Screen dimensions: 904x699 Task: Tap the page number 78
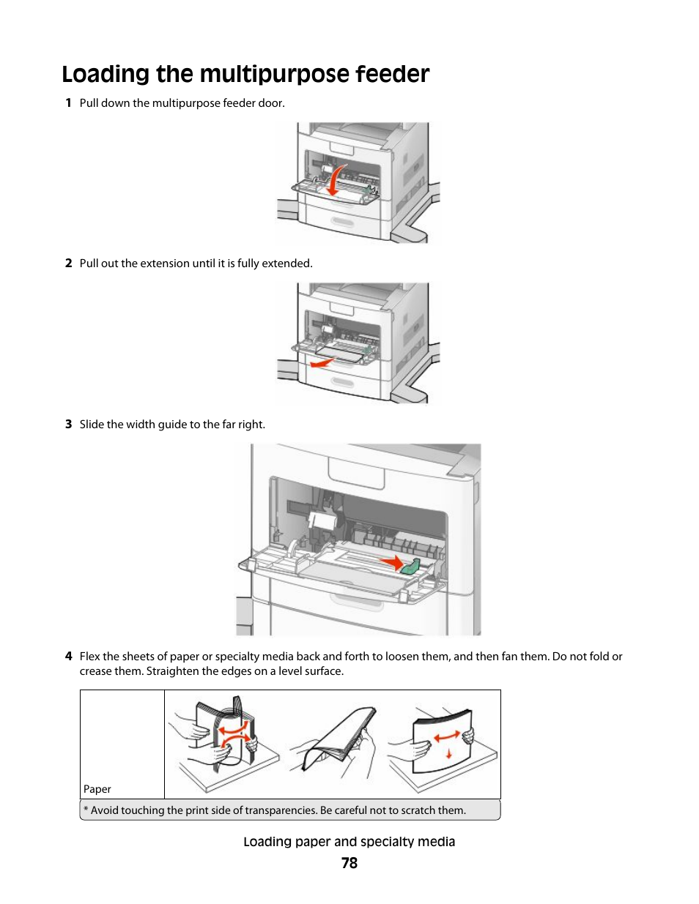[349, 863]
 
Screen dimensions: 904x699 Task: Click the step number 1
[68, 103]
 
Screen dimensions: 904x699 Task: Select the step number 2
[68, 264]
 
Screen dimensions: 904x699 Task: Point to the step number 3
[68, 425]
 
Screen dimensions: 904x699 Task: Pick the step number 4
[68, 657]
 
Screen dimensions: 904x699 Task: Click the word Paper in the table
[97, 789]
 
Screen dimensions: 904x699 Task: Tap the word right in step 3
[251, 425]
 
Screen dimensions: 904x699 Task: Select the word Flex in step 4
[89, 657]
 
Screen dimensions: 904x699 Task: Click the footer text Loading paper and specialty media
[349, 842]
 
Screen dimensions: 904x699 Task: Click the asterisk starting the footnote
[86, 810]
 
